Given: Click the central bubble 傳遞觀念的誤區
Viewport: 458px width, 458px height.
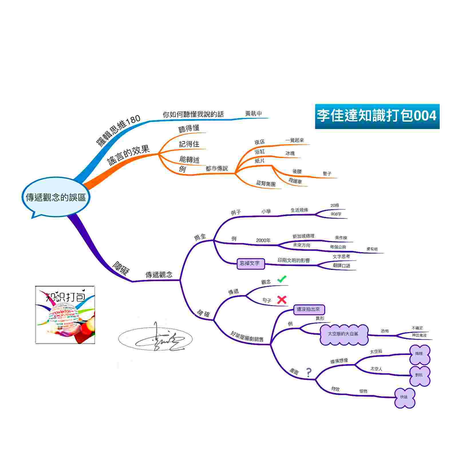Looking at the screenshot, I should point(56,197).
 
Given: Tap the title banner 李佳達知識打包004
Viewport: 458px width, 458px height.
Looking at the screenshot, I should point(377,116).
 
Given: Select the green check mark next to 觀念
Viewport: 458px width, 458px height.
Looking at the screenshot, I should point(282,279).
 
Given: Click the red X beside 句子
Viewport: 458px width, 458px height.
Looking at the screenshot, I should point(282,300).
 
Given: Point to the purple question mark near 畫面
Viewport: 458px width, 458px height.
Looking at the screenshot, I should point(309,372).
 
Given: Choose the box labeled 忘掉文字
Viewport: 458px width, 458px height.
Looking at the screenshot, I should point(250,263).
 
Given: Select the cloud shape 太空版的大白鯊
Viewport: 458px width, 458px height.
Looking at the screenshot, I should point(343,334).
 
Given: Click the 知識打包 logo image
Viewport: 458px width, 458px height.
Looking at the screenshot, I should point(65,315).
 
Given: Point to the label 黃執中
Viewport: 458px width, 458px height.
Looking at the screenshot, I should point(253,114).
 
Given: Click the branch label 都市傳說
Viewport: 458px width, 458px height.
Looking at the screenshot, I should point(217,169).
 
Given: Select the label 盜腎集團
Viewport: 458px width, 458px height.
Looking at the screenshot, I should point(266,183).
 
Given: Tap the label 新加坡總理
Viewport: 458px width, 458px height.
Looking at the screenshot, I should point(303,236).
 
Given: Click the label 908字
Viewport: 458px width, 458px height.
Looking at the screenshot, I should point(336,214).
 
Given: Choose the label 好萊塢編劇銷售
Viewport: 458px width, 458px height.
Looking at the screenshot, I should point(247,337).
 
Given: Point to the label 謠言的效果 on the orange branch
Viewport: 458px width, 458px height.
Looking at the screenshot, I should point(129,155).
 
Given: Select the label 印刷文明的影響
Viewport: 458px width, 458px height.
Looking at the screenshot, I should point(294,260).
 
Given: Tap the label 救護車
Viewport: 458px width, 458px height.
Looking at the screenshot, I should point(295,181).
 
